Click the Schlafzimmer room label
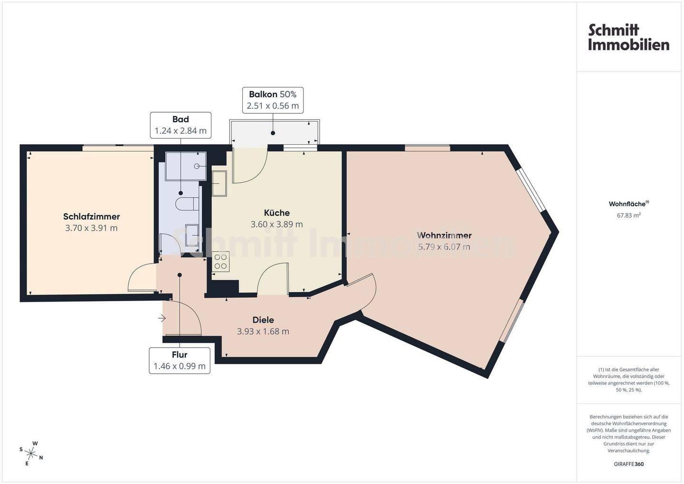91,217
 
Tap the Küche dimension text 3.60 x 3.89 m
276,225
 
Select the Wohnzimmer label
444,236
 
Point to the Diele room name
263,320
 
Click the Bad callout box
181,125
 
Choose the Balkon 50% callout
273,100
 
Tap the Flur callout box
180,361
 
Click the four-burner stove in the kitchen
220,262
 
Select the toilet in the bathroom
187,204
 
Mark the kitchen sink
219,183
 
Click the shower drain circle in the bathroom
197,166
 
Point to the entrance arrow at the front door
162,319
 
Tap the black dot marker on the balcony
273,133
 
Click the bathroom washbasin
192,235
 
